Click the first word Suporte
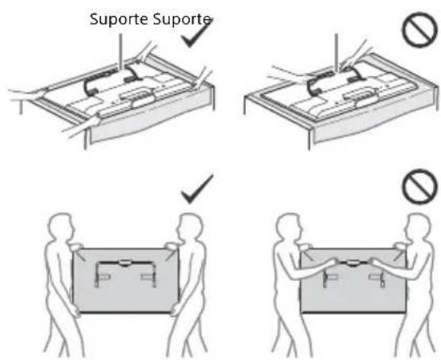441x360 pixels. tap(119, 20)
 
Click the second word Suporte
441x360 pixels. tap(182, 20)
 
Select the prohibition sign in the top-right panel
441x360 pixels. tap(420, 29)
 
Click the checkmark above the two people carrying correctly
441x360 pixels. tap(197, 189)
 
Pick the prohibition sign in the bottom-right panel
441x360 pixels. tap(420, 187)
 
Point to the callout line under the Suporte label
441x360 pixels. tap(121, 52)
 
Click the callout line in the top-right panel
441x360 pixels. tap(336, 52)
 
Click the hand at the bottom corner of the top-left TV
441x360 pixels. tap(83, 126)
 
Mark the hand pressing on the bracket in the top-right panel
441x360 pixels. tap(350, 64)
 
